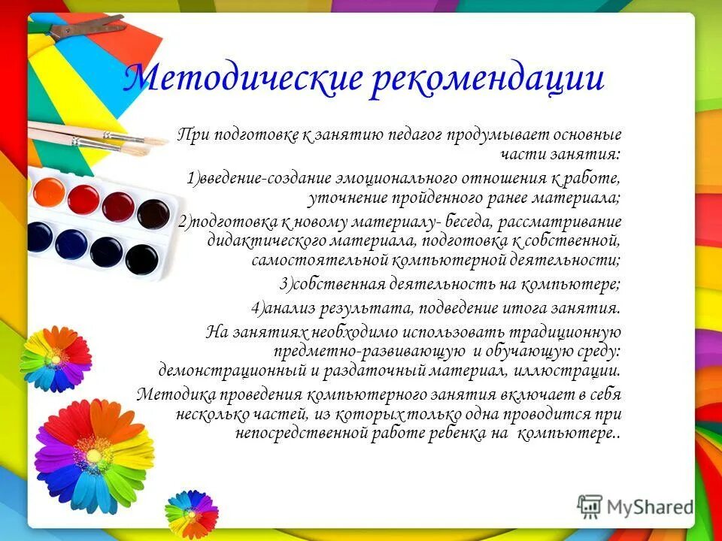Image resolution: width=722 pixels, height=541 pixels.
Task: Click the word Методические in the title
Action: click(241, 79)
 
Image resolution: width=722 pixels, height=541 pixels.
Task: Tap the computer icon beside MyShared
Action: click(590, 506)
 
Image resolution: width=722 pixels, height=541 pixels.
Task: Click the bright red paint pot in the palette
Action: click(83, 198)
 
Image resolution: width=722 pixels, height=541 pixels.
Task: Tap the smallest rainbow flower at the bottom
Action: click(190, 513)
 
